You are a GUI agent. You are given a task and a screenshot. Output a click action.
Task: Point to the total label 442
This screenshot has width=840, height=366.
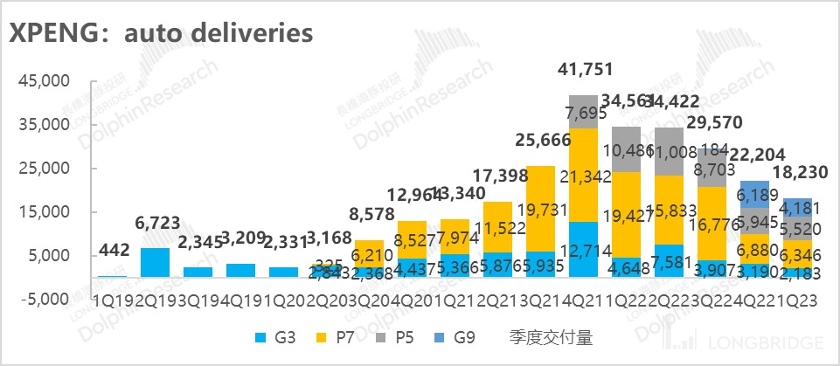(112, 252)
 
